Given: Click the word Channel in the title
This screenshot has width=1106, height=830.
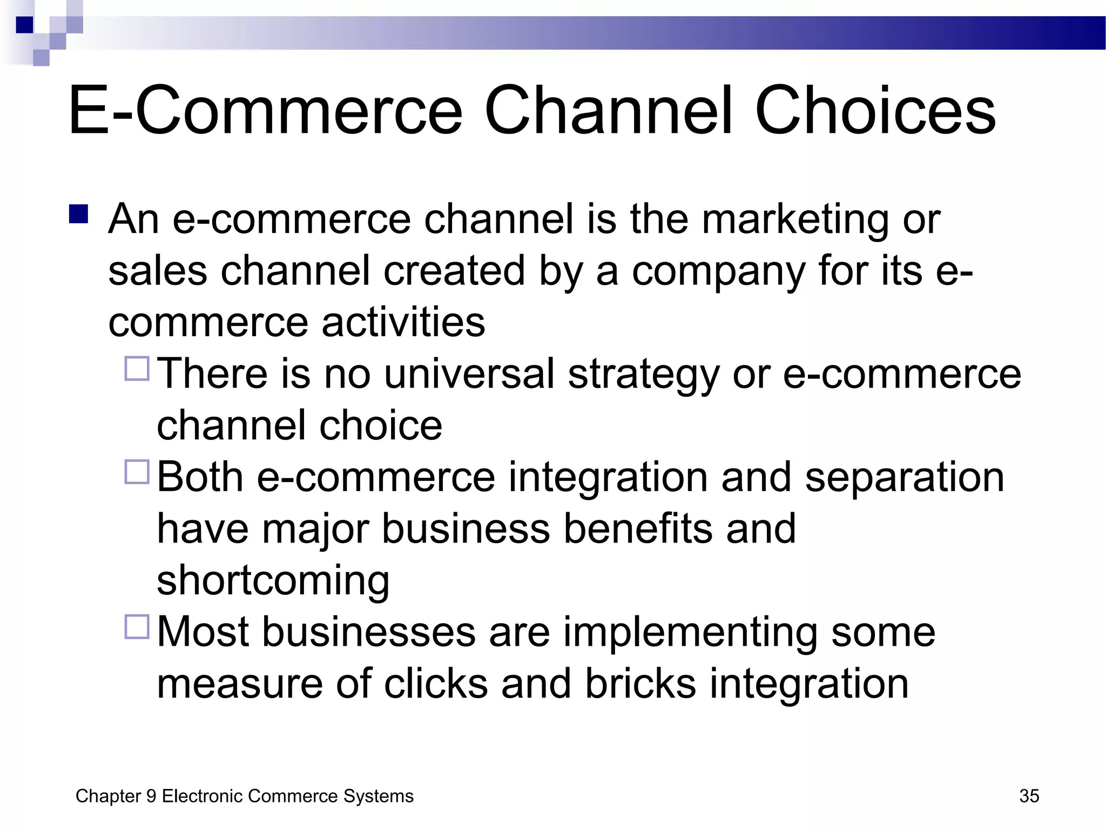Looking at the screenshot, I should [x=609, y=110].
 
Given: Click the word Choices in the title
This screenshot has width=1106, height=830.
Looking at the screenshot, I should [x=875, y=110].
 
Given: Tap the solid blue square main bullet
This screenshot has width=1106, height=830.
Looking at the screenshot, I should [x=79, y=214].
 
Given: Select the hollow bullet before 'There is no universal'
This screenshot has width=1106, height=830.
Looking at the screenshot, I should [x=137, y=369].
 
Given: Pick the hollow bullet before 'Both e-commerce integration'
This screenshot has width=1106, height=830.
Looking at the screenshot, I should [x=137, y=471].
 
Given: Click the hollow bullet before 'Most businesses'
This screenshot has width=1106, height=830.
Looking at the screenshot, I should [x=137, y=626].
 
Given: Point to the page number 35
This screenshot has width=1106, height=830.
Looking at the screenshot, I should [x=1029, y=796].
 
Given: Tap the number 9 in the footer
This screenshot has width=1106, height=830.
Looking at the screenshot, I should [x=151, y=796].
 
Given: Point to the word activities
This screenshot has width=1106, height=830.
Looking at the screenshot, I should [x=403, y=323].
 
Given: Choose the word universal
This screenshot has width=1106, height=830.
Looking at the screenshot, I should [x=469, y=374].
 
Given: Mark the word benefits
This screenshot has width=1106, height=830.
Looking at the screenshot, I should [x=638, y=528].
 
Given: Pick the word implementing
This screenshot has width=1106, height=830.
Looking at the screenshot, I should [x=691, y=633].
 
